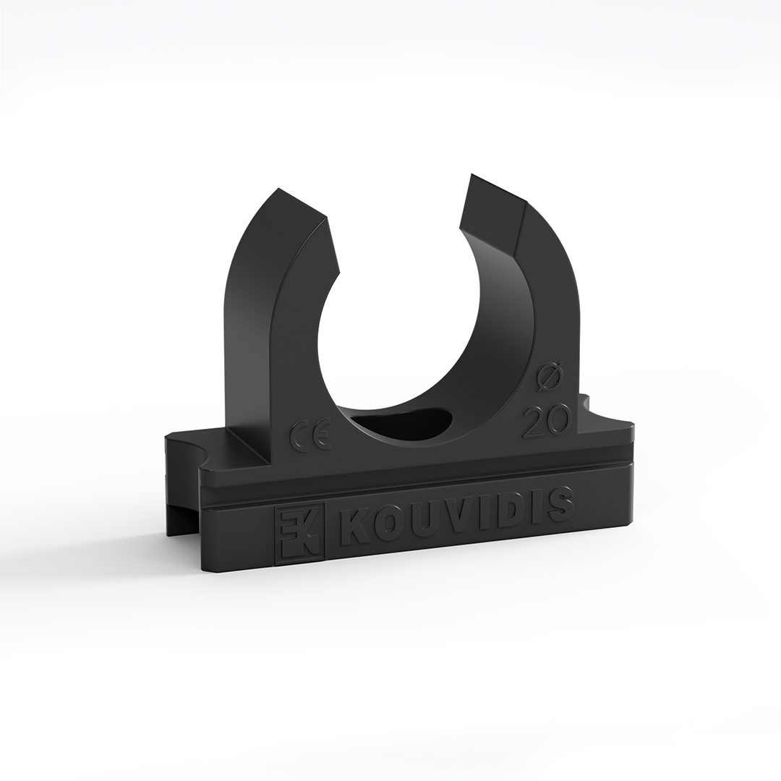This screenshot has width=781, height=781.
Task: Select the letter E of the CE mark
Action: pos(320,435)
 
